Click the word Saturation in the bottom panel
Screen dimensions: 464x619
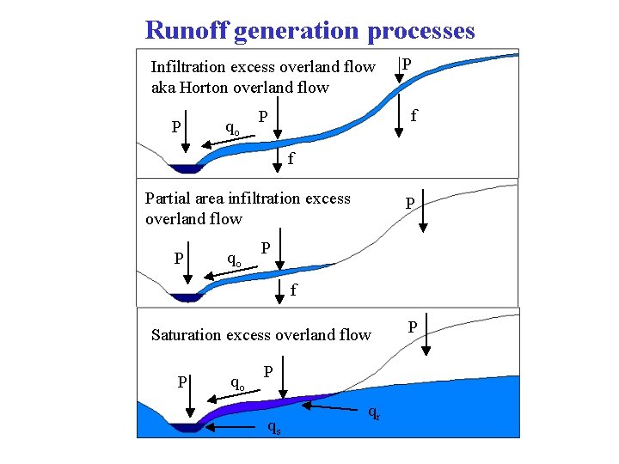(187, 335)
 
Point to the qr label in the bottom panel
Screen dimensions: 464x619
(373, 413)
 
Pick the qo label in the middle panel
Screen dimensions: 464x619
(233, 259)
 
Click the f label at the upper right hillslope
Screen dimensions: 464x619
(414, 114)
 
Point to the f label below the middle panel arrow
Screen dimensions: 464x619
(293, 290)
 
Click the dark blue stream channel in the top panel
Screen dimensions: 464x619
(184, 168)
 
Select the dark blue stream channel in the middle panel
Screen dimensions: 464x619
(184, 298)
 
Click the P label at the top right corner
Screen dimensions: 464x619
(407, 64)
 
